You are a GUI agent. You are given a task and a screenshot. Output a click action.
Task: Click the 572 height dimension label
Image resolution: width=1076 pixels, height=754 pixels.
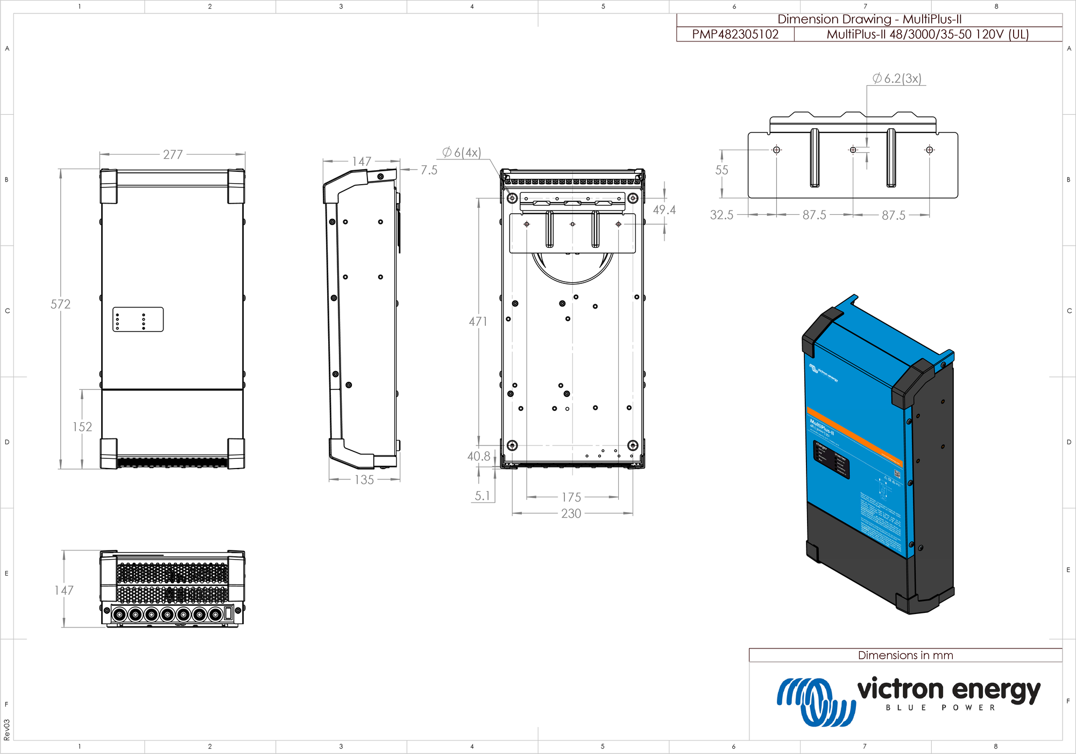click(x=60, y=304)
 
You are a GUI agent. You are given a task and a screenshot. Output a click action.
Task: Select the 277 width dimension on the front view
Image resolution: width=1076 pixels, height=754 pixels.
click(x=173, y=155)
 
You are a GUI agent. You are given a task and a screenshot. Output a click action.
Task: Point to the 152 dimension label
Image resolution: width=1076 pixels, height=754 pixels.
click(x=82, y=427)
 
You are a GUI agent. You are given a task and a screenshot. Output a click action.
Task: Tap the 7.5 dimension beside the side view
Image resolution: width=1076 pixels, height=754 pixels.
click(x=429, y=170)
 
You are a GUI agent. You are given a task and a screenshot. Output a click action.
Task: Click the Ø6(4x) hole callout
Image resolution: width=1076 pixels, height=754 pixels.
click(x=462, y=152)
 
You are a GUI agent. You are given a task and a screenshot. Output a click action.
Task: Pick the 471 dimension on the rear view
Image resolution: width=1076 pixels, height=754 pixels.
click(x=478, y=322)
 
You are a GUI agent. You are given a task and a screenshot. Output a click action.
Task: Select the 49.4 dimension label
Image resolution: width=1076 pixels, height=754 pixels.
click(x=664, y=210)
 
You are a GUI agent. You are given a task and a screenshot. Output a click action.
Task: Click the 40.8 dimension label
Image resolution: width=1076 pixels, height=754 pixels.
click(x=478, y=456)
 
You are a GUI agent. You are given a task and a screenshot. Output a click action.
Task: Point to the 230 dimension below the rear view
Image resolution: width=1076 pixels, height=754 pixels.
click(x=571, y=514)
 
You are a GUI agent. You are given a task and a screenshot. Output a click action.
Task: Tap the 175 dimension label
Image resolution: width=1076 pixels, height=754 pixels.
click(x=571, y=497)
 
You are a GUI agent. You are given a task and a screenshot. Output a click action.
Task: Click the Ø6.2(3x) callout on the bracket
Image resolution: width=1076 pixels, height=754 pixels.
click(x=897, y=79)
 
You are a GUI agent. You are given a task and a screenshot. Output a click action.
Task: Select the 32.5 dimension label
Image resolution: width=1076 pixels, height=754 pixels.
click(x=721, y=215)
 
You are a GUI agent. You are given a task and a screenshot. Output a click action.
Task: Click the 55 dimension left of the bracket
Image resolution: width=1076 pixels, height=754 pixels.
click(x=721, y=170)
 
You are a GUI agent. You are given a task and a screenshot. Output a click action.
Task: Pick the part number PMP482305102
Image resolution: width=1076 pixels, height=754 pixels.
click(x=735, y=34)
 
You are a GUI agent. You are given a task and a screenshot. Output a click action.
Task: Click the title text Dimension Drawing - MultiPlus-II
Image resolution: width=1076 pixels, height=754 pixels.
click(x=869, y=19)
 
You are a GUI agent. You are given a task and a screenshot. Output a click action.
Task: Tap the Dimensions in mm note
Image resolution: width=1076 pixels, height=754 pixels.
click(x=905, y=655)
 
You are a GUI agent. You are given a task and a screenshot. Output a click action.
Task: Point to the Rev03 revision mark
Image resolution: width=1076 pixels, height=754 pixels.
click(x=6, y=730)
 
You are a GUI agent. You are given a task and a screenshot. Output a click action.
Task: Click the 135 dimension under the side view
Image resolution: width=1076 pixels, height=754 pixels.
click(x=364, y=480)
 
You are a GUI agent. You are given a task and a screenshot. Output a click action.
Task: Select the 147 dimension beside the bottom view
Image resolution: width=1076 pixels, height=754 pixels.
click(x=63, y=590)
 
